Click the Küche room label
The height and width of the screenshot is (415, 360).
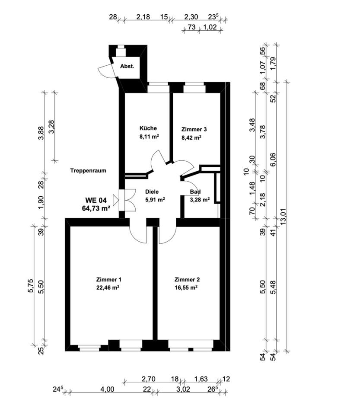pos(148,128)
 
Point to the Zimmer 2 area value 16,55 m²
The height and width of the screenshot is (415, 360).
pos(186,287)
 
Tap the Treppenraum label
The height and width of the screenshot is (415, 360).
pos(88,171)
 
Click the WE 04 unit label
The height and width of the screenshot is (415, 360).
pos(96,200)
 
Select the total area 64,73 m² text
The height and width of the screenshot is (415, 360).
pos(96,208)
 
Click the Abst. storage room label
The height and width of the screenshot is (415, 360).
pos(127,67)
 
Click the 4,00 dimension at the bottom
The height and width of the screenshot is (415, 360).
pos(107,389)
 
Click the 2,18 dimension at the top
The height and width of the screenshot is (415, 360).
pos(143,17)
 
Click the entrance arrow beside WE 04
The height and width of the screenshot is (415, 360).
pos(115,200)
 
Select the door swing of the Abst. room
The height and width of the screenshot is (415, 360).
pos(106,70)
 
